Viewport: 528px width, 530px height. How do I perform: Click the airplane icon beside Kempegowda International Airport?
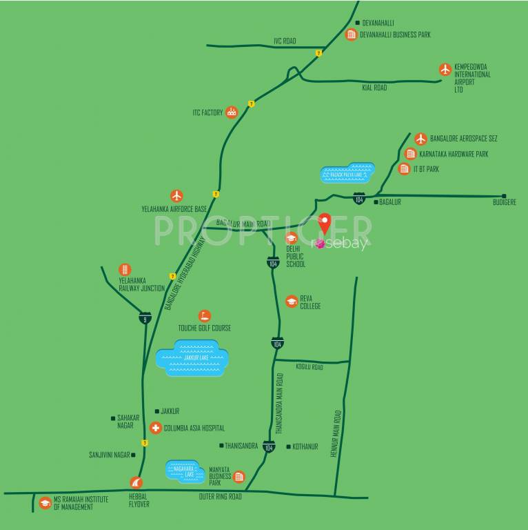click(445, 70)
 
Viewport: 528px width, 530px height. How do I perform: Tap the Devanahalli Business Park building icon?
click(352, 35)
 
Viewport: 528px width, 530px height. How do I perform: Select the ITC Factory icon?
click(232, 112)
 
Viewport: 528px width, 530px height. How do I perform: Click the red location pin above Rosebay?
click(325, 223)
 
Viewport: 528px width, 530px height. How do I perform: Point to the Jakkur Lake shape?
click(192, 358)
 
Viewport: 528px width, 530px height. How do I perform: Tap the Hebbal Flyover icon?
click(136, 483)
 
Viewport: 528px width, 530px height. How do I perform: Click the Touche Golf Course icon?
click(204, 316)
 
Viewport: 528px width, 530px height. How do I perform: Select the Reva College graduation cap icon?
click(292, 302)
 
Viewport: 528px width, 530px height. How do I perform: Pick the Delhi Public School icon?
click(292, 238)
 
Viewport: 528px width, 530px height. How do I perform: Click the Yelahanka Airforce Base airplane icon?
click(177, 196)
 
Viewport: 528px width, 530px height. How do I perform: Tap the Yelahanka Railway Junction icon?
click(125, 269)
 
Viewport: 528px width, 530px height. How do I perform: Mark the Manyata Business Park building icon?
click(239, 476)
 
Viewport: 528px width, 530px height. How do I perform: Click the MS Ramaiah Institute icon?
click(45, 503)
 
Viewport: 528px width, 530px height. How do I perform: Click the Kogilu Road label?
click(309, 367)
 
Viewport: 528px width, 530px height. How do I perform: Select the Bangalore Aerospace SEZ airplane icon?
click(420, 139)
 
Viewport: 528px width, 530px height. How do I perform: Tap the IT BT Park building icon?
click(405, 169)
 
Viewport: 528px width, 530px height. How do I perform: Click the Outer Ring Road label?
click(221, 496)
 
